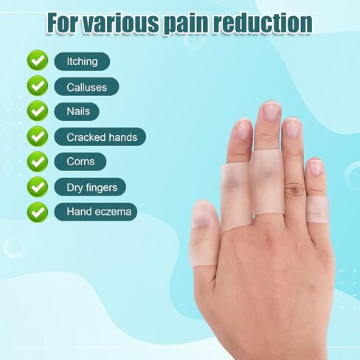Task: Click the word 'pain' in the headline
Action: point(186,24)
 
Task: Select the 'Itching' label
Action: point(82,61)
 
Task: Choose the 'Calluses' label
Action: point(86,87)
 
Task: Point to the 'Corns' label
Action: point(80,162)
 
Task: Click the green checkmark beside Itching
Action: point(38,60)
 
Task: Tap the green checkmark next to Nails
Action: point(38,111)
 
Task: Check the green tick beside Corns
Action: point(38,162)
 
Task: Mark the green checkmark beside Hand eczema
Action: point(38,212)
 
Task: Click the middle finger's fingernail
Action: point(271,111)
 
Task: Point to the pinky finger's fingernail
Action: point(316,167)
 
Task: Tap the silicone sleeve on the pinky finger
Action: point(318,210)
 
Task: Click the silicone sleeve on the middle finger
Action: point(267,182)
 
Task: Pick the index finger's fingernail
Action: point(243,130)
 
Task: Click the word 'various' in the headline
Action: point(121,23)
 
